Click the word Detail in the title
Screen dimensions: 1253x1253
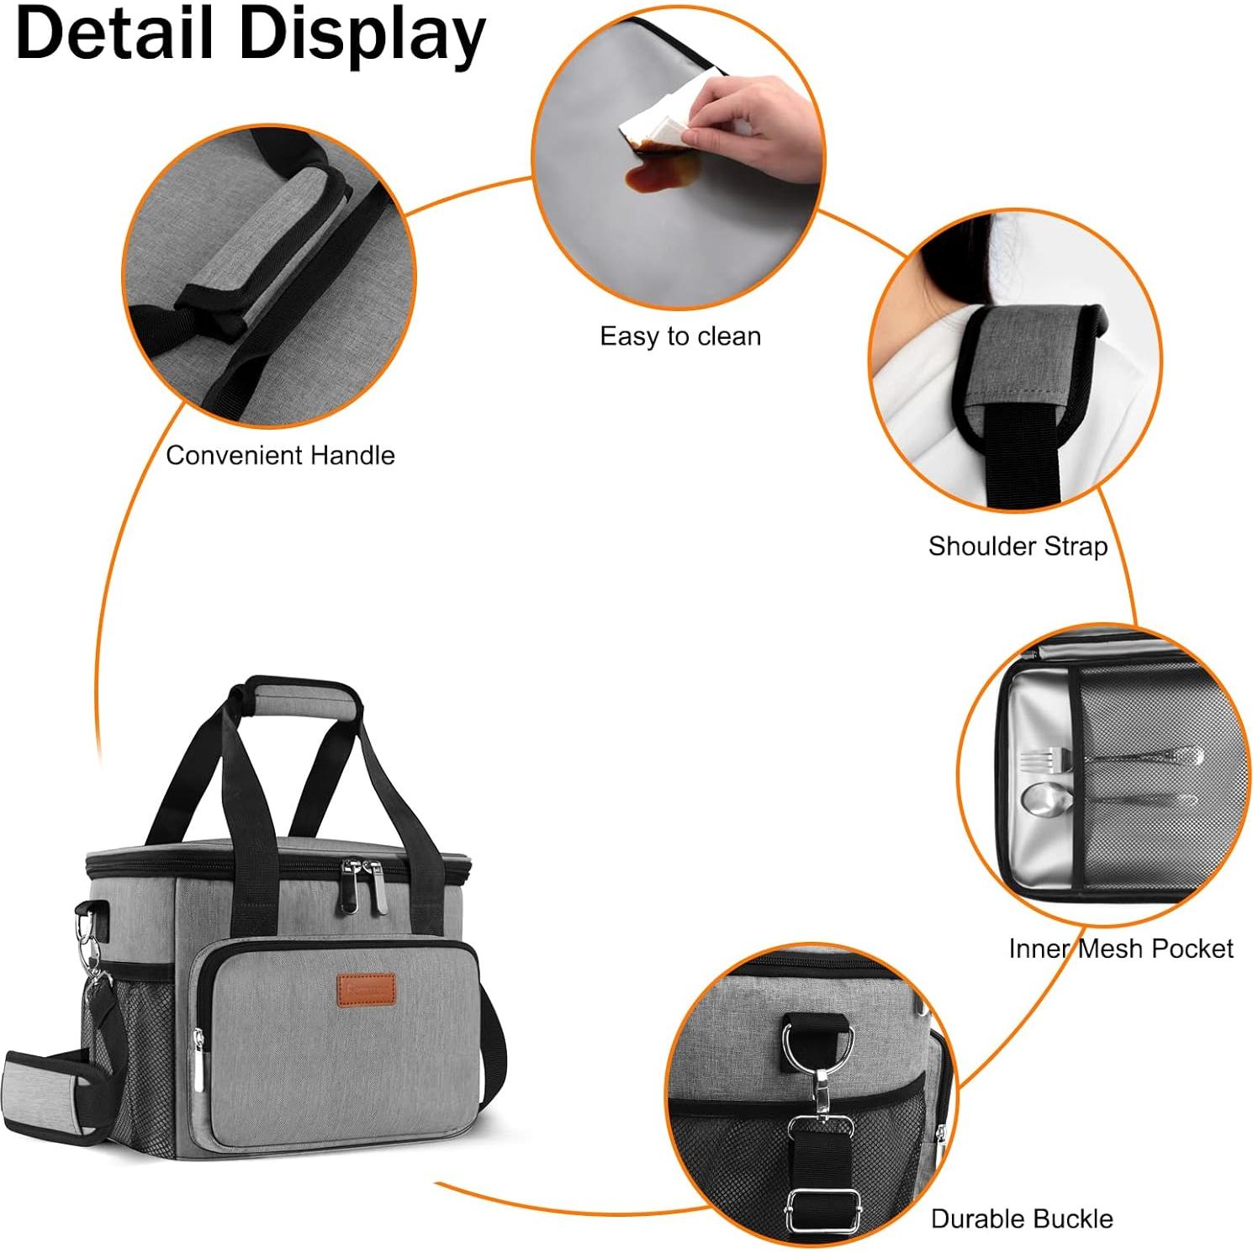(115, 33)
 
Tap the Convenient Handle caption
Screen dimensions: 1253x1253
(280, 455)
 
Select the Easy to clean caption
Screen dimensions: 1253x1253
(680, 336)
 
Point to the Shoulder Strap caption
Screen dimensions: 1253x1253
(1018, 547)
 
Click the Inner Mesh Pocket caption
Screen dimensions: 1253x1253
(1120, 949)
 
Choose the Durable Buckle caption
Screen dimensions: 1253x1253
(1022, 1219)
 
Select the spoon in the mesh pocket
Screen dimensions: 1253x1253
(1107, 800)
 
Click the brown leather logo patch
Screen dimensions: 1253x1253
(366, 990)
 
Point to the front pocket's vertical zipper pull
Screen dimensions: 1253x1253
(199, 1060)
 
